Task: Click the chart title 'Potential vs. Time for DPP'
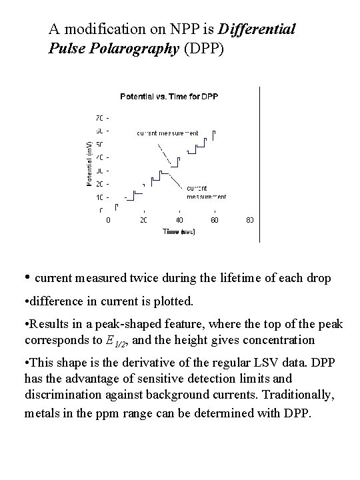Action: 169,97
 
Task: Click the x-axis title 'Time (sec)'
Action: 178,232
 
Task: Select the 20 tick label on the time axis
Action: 144,220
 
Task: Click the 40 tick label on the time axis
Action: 179,220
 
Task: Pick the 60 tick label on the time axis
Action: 215,220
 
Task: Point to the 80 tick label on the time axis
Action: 250,220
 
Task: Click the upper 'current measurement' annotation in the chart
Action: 168,133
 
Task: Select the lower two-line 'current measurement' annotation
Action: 206,192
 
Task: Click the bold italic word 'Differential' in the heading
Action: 257,30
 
